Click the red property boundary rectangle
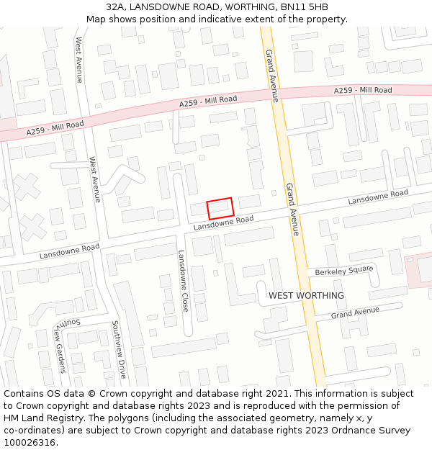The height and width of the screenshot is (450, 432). (x=220, y=208)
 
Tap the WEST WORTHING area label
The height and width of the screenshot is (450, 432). (x=306, y=296)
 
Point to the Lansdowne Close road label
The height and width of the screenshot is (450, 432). (x=184, y=281)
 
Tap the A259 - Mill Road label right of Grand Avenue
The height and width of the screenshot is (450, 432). (x=363, y=90)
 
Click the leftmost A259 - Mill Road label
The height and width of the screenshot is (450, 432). (x=55, y=128)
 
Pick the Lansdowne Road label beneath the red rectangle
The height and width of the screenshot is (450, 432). (x=223, y=223)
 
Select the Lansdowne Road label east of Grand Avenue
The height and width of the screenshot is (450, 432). (x=378, y=197)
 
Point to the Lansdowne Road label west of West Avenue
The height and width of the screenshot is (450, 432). (x=69, y=251)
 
